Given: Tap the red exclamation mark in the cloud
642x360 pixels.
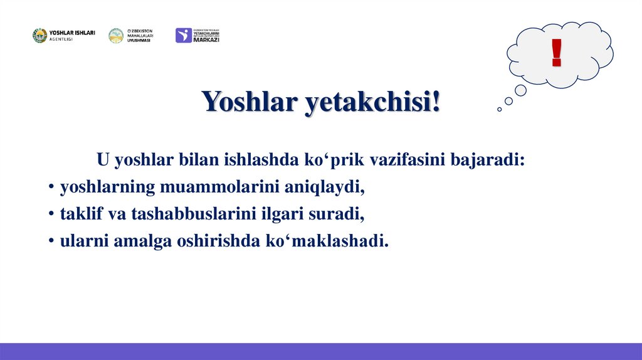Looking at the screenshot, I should point(556,53).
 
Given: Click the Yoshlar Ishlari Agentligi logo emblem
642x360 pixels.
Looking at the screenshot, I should point(39,36).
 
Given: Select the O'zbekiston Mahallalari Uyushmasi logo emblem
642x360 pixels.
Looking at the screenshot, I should point(116,36).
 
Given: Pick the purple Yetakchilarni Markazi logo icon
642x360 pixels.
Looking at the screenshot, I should point(183,36).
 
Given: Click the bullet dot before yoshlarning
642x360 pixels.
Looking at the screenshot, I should point(50,188).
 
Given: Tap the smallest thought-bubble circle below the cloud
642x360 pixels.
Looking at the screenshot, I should point(499,109).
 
